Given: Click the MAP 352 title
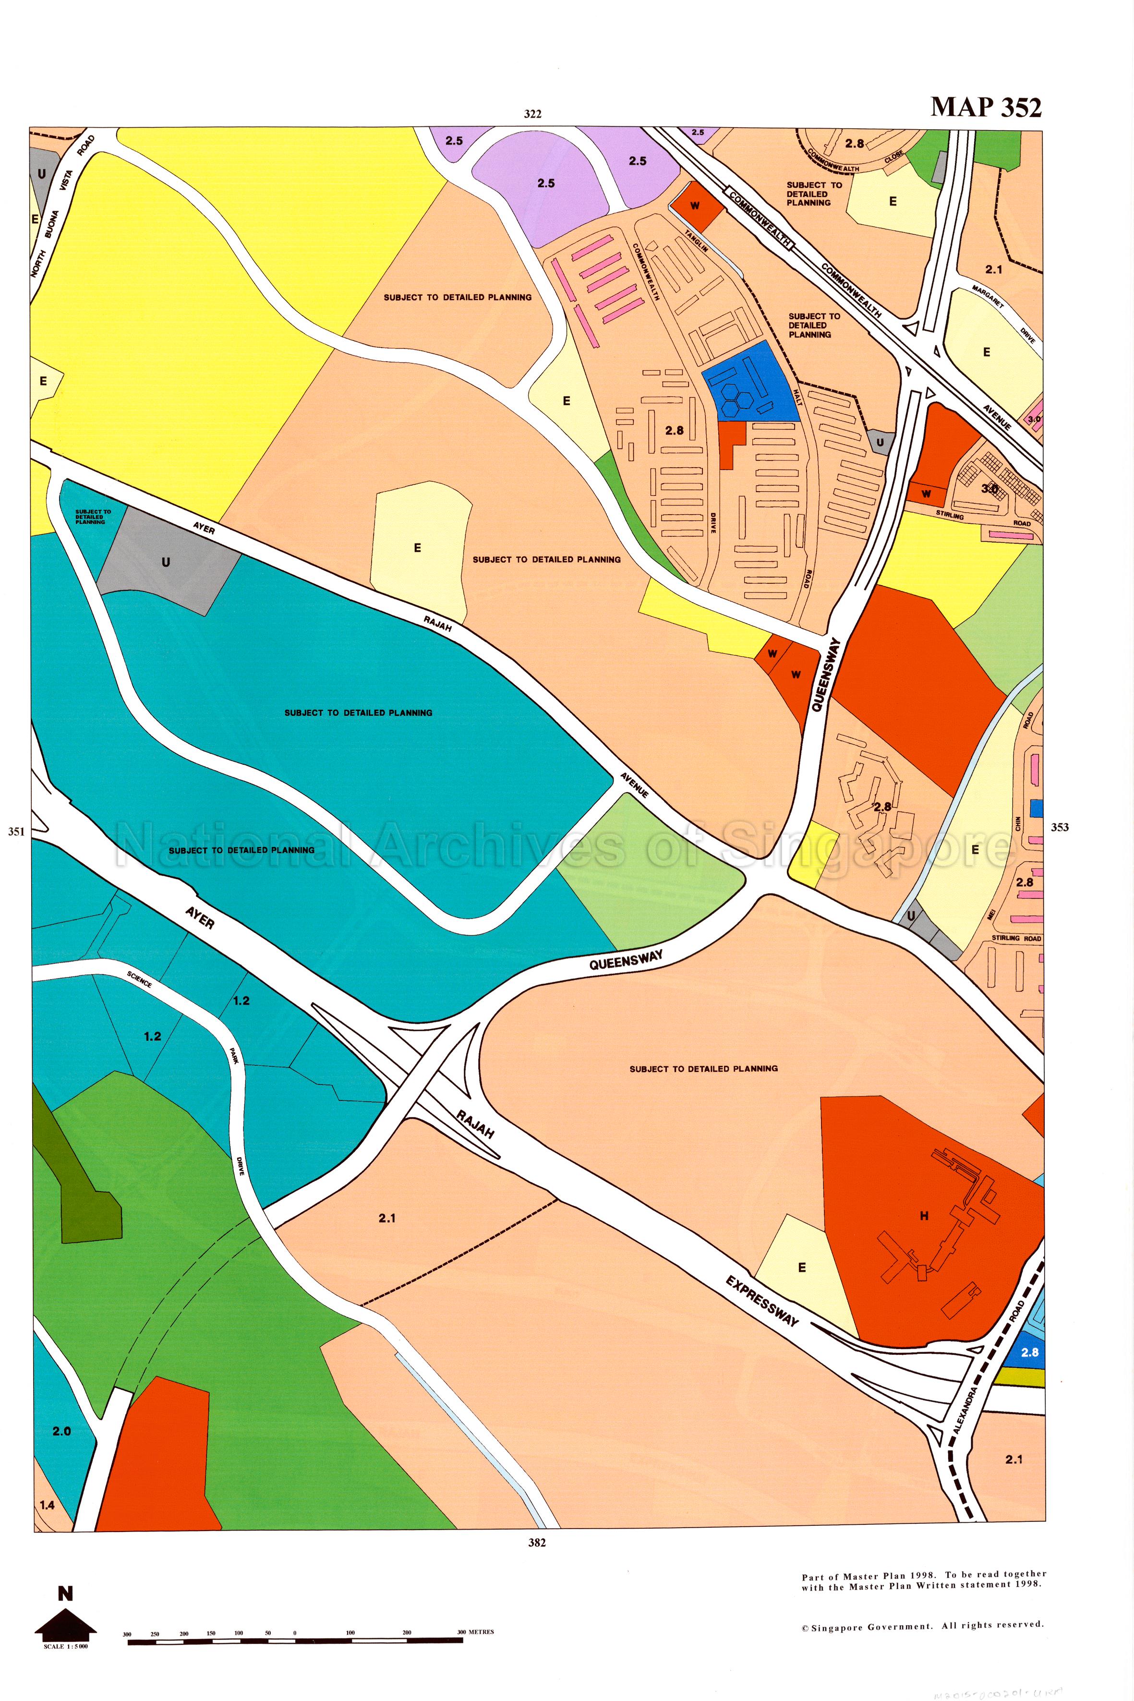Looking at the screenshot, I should pos(985,107).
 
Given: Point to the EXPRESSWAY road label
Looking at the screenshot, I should pos(762,1301).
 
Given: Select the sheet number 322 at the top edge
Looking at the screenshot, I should pos(532,114).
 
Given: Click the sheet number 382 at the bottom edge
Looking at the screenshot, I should pos(537,1543).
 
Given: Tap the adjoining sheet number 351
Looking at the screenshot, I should pos(16,831).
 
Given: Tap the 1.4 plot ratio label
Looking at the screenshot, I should pos(47,1505).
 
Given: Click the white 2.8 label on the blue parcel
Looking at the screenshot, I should pos(1029,1351).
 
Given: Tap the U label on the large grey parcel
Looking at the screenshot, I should pos(166,562).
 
